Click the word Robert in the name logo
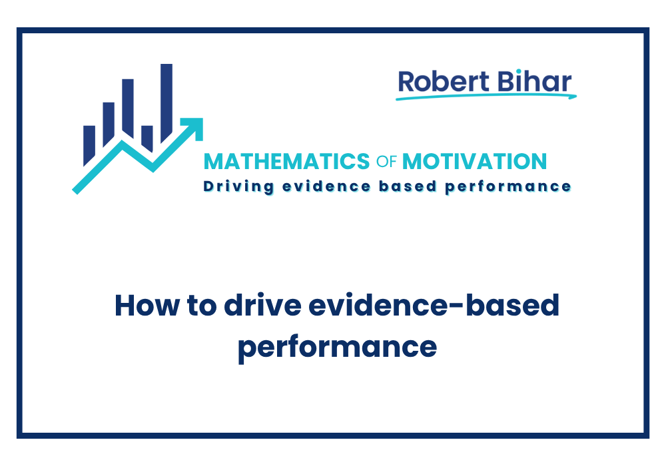click(x=438, y=81)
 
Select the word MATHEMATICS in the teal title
click(x=286, y=161)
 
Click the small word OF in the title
click(x=386, y=162)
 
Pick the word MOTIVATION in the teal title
click(x=475, y=161)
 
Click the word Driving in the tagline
click(x=236, y=186)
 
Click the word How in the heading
click(x=141, y=306)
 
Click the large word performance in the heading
click(x=337, y=346)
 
